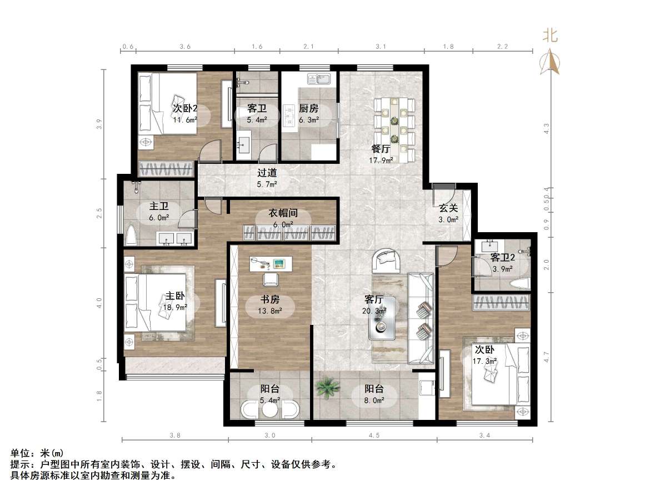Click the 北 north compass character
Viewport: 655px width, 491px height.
point(550,36)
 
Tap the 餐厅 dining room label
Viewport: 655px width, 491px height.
point(381,149)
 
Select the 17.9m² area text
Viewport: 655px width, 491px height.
point(381,160)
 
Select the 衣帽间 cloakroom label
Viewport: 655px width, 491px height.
point(283,213)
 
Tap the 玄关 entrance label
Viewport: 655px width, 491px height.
point(448,208)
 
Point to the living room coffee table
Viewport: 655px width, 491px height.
point(383,318)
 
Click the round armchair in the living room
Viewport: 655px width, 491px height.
point(387,260)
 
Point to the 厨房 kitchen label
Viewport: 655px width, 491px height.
point(308,108)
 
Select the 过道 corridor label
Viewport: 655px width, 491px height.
point(267,173)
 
